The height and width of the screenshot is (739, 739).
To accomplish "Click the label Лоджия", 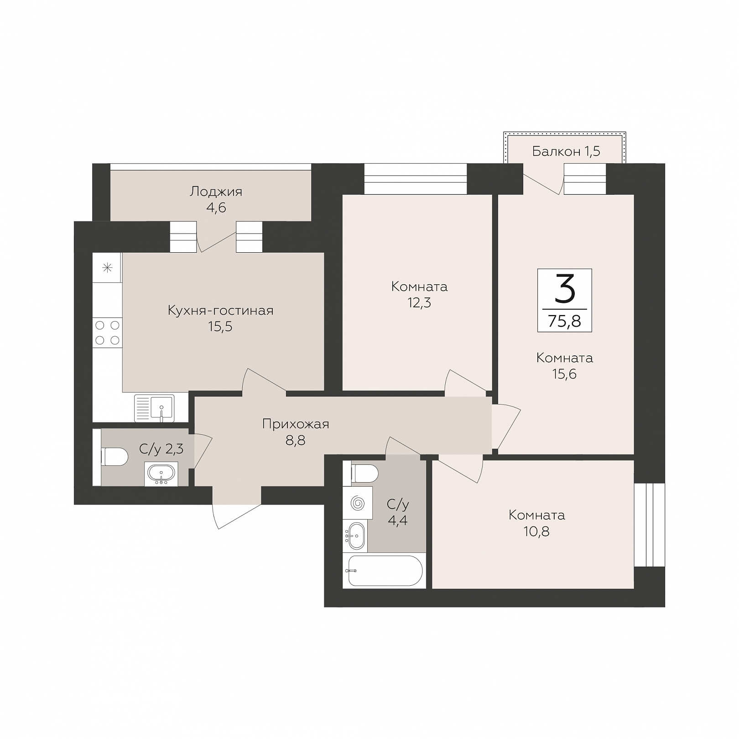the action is pyautogui.click(x=216, y=192).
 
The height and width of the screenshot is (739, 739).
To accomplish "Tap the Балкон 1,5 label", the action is pyautogui.click(x=566, y=151).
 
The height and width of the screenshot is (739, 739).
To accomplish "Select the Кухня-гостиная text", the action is pyautogui.click(x=221, y=311).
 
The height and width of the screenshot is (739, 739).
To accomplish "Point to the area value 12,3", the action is pyautogui.click(x=419, y=302).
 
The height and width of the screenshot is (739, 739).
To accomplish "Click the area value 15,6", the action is pyautogui.click(x=565, y=374).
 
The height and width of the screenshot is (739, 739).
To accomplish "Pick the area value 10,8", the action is pyautogui.click(x=537, y=531).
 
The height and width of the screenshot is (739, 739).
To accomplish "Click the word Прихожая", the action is pyautogui.click(x=296, y=424).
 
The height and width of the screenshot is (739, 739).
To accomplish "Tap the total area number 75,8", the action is pyautogui.click(x=565, y=321).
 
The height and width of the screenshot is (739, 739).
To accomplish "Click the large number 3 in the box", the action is pyautogui.click(x=565, y=290).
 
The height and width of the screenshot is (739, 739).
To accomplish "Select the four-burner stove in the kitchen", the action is pyautogui.click(x=108, y=333).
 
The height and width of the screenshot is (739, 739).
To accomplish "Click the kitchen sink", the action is pyautogui.click(x=155, y=408).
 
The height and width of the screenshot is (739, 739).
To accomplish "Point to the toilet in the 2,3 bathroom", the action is pyautogui.click(x=114, y=457).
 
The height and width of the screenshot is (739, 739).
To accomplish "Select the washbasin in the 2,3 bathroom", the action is pyautogui.click(x=161, y=474).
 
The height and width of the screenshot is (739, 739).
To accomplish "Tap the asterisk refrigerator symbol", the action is pyautogui.click(x=108, y=267).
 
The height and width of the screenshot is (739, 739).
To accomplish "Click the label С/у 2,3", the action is pyautogui.click(x=161, y=449).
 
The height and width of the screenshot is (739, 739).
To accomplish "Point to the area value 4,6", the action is pyautogui.click(x=216, y=208).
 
